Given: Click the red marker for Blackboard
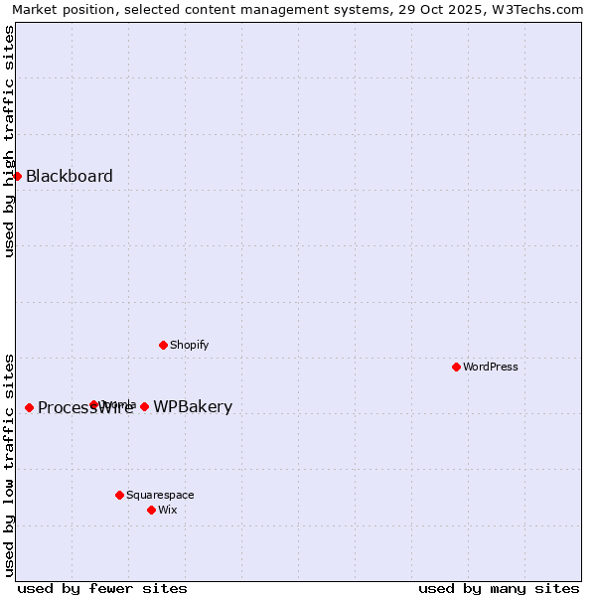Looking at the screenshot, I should (17, 176).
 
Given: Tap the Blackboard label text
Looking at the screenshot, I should (70, 177).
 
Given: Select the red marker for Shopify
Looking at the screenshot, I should (163, 345).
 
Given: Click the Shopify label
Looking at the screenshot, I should (189, 346).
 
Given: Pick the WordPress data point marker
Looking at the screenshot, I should (456, 367).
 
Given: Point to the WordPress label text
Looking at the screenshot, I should (491, 368).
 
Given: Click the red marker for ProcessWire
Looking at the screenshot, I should (29, 407).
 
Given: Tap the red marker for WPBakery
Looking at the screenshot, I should (144, 406).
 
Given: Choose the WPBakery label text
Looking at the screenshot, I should (193, 407).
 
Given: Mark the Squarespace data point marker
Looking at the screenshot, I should (119, 495).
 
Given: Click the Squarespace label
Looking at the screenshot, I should (160, 496).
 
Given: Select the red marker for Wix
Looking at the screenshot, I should (151, 510).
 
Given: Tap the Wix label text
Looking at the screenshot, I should (168, 511).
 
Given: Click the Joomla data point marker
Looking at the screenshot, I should (93, 404).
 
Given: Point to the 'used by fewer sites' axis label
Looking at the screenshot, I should (102, 588).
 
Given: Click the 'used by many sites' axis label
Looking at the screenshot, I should (499, 588).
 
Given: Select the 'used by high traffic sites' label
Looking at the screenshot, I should (10, 141).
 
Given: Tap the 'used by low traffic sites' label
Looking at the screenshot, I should (10, 464).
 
